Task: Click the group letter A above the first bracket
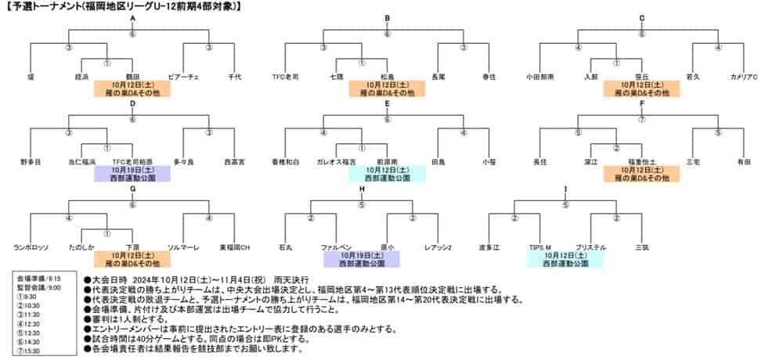[132, 17]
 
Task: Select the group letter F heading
[641, 103]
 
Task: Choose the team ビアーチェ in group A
[184, 77]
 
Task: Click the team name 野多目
[31, 161]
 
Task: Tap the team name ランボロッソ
[31, 247]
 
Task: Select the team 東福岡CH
[234, 247]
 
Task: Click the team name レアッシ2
[438, 247]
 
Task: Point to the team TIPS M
[539, 247]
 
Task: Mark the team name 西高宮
[234, 161]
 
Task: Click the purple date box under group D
[132, 173]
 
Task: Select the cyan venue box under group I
[565, 259]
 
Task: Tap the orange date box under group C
[641, 88]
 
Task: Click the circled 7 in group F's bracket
[641, 120]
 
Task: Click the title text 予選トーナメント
[55, 6]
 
